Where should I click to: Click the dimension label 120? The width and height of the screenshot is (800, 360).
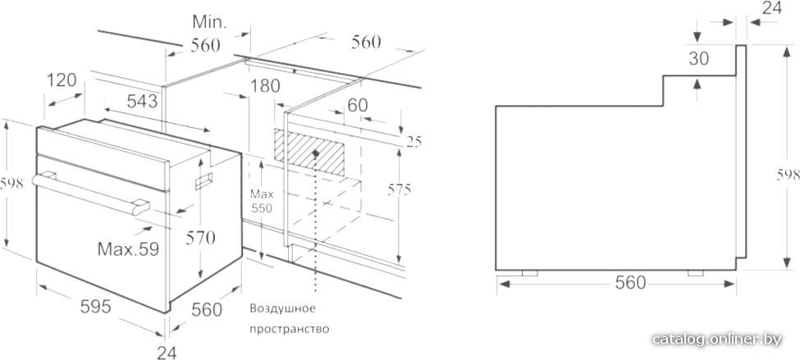click(x=62, y=80)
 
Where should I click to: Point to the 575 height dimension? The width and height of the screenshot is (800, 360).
click(x=399, y=190)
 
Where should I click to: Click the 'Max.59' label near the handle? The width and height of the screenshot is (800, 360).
click(x=128, y=248)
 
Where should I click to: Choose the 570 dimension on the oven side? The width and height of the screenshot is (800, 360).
click(x=200, y=238)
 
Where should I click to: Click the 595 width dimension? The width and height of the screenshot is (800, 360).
click(x=96, y=307)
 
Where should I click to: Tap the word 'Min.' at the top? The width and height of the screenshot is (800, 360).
click(x=210, y=21)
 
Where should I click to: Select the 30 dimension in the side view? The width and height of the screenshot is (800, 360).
click(x=698, y=59)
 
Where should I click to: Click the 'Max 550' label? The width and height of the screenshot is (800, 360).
click(x=261, y=202)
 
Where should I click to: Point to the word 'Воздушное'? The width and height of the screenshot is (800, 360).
click(x=282, y=308)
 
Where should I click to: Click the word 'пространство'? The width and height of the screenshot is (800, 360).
click(x=290, y=329)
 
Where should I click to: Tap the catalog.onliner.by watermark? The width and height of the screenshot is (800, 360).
click(x=716, y=339)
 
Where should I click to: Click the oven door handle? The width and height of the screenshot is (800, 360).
click(x=91, y=193)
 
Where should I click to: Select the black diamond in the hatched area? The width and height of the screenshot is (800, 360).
click(x=316, y=153)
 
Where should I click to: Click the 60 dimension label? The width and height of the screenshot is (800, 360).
click(x=357, y=105)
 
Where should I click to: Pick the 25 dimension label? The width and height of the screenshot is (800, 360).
click(x=414, y=142)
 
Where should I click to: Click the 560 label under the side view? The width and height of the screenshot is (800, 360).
click(x=631, y=282)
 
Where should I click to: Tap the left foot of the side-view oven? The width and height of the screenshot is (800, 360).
click(x=529, y=273)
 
